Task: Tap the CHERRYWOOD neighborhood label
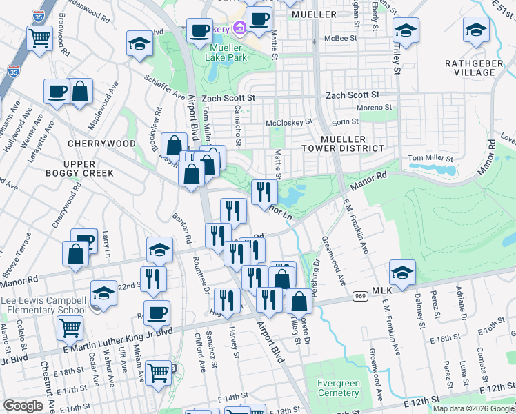click(101, 144)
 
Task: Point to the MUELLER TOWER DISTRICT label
click(342, 143)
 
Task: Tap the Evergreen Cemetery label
click(338, 388)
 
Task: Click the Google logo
click(23, 406)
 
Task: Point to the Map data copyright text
click(473, 408)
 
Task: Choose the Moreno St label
click(373, 108)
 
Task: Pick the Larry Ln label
click(106, 243)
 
